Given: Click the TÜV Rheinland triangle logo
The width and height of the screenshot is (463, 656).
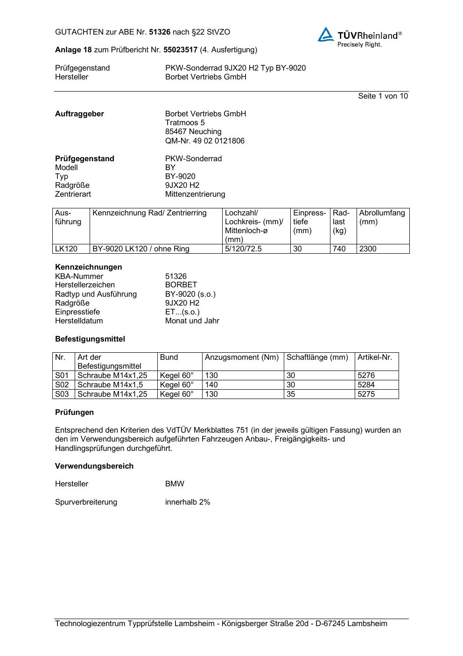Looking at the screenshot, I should pos(326,35).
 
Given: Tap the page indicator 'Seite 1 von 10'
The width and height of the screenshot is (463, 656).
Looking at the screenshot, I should pos(383,96).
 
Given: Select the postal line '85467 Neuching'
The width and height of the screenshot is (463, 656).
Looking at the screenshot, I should pos(193,132).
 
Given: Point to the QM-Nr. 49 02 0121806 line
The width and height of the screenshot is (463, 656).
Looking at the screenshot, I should pos(204,141).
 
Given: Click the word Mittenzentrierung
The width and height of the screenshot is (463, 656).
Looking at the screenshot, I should pos(195,194).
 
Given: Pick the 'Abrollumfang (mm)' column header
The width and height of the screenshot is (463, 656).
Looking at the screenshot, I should pos(382,217).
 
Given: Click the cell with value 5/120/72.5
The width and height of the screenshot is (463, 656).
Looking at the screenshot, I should pos(243,249).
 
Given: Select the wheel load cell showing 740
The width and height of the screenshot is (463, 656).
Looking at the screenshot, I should pos(339,249).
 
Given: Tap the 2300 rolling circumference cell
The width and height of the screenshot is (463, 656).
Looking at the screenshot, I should pos(368,249).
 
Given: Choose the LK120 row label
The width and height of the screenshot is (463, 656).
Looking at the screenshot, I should pos(66,249).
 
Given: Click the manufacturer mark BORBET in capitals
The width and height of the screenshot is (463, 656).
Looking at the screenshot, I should pos(181,285).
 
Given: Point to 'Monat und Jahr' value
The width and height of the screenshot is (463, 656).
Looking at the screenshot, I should pos(192,321).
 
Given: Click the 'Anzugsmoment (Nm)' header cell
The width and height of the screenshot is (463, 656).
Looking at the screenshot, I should pos(242,357).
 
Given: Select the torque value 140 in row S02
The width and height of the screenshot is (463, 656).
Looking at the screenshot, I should pos(211,385).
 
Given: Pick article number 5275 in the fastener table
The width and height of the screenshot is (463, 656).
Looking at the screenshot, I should pos(366,394).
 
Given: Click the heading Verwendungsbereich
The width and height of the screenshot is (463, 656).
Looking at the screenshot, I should pos(94,466).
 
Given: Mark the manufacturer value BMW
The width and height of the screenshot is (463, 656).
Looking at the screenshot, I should pos(175,484).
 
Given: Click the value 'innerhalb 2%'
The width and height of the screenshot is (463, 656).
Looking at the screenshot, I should pos(188,502).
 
